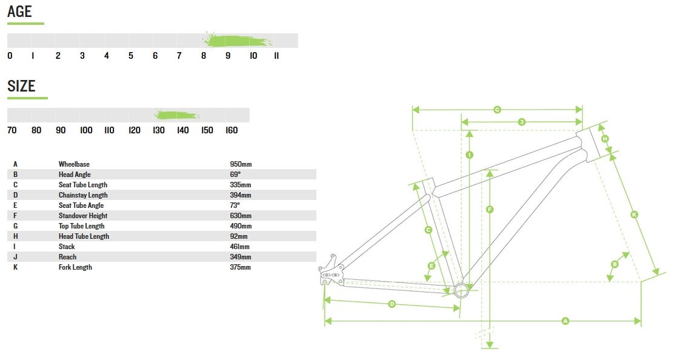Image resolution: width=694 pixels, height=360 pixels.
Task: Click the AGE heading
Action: (19, 11)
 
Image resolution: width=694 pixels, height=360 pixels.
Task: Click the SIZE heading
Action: (21, 86)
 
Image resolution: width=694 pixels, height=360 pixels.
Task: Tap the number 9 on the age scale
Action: (228, 56)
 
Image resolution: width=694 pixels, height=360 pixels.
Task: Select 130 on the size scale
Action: (158, 130)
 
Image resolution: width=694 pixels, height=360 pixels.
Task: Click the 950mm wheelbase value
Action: (241, 164)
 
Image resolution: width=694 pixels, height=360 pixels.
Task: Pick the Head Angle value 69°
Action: (235, 175)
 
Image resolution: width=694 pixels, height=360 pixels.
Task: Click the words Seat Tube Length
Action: (83, 185)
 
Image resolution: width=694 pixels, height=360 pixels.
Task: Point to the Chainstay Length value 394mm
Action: (241, 195)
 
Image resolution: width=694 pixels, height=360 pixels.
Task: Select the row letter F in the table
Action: (15, 216)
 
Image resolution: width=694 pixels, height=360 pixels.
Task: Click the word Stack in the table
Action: (67, 247)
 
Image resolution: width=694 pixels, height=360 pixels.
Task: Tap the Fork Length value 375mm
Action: (241, 267)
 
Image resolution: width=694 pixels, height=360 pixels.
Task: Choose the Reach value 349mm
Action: (241, 257)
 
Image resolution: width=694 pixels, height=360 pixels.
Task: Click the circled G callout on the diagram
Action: (497, 109)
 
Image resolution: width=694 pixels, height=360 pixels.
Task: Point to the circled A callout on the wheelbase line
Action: (566, 321)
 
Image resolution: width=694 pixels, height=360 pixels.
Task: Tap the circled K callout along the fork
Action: (634, 215)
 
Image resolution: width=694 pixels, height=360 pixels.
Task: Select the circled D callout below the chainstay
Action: (392, 304)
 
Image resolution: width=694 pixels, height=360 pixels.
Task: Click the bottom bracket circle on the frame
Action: (461, 290)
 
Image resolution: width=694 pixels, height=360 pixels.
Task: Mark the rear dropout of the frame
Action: (331, 270)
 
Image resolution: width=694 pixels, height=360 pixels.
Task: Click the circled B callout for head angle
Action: (615, 264)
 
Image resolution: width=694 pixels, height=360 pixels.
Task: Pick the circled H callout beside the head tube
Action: (605, 139)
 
